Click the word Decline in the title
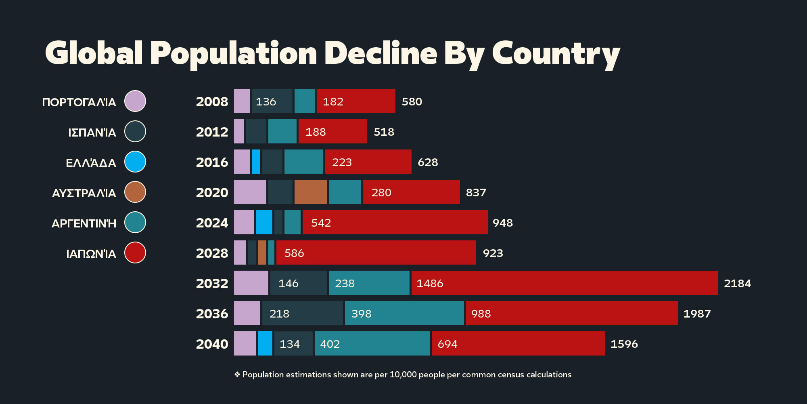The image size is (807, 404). pyautogui.click(x=381, y=53)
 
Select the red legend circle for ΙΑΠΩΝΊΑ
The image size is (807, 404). pyautogui.click(x=135, y=253)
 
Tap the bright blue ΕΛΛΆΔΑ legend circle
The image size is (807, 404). pyautogui.click(x=135, y=162)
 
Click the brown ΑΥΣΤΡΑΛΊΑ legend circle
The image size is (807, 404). pyautogui.click(x=135, y=192)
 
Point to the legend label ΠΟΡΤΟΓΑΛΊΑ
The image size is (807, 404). pyautogui.click(x=79, y=102)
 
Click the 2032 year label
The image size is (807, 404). pyautogui.click(x=212, y=283)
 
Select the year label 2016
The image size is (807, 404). pyautogui.click(x=212, y=162)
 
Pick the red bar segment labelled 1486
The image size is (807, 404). pyautogui.click(x=564, y=283)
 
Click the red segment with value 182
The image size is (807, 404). pyautogui.click(x=356, y=101)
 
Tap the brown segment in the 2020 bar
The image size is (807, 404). pyautogui.click(x=310, y=192)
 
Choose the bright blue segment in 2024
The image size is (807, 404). pyautogui.click(x=264, y=222)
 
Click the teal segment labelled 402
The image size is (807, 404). pyautogui.click(x=372, y=343)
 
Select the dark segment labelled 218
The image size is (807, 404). pyautogui.click(x=302, y=313)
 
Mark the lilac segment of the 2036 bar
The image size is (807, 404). pyautogui.click(x=247, y=313)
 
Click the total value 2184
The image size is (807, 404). pyautogui.click(x=737, y=283)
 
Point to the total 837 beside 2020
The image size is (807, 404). pyautogui.click(x=476, y=192)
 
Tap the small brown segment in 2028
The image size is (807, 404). pyautogui.click(x=262, y=253)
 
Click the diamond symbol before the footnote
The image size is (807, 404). pyautogui.click(x=237, y=375)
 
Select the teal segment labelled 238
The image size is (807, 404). pyautogui.click(x=369, y=283)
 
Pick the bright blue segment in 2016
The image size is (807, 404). pyautogui.click(x=256, y=162)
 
